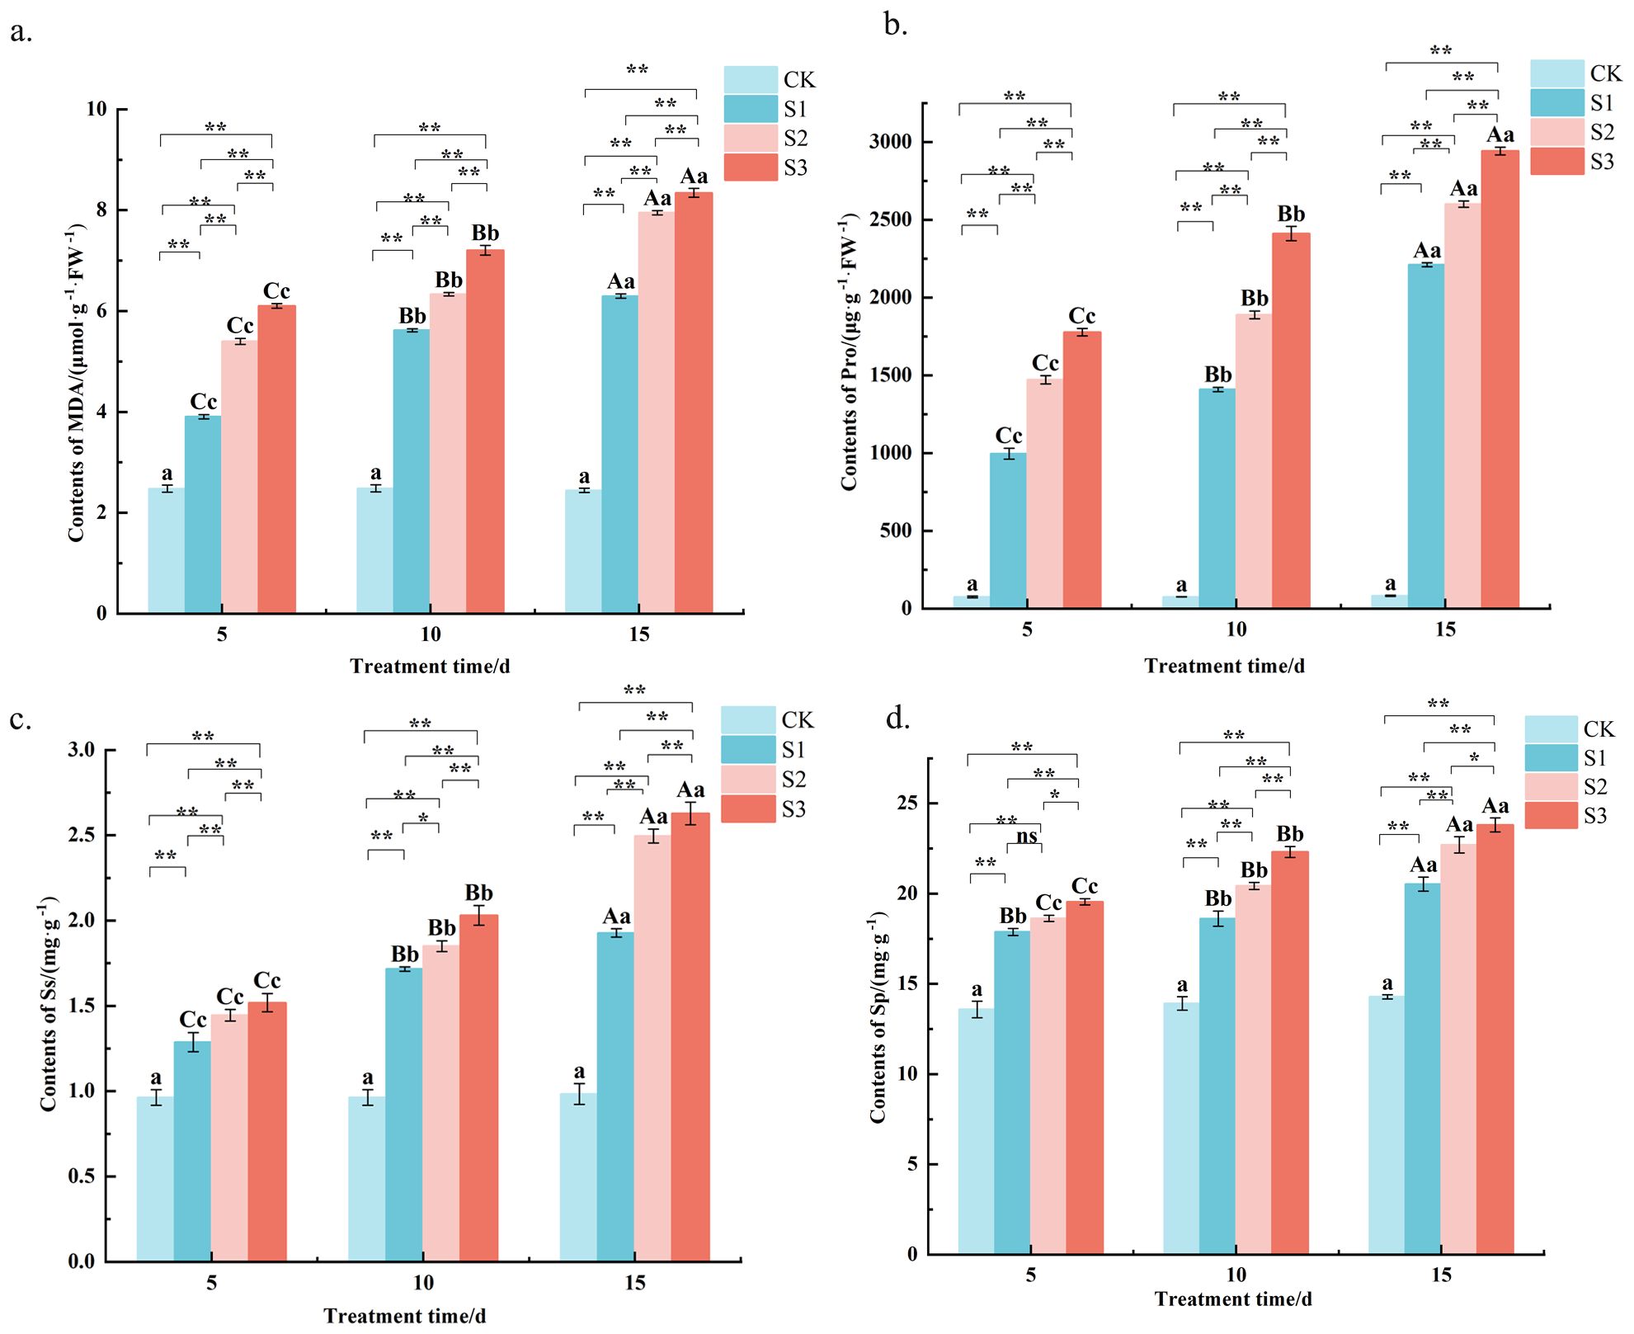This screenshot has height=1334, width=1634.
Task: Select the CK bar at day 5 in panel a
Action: pyautogui.click(x=166, y=550)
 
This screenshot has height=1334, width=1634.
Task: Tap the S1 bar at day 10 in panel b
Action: pyautogui.click(x=1217, y=498)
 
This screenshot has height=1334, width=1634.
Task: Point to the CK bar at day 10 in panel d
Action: pyautogui.click(x=1181, y=1128)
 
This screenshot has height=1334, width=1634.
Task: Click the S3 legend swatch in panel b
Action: pyautogui.click(x=1556, y=162)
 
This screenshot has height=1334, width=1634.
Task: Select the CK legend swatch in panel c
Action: pyautogui.click(x=748, y=720)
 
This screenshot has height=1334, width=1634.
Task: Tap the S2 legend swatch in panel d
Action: pyautogui.click(x=1551, y=787)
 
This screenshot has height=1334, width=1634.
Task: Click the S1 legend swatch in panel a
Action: pyautogui.click(x=751, y=109)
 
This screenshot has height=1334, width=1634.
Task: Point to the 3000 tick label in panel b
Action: pyautogui.click(x=891, y=142)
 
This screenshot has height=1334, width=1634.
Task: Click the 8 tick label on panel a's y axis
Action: pyautogui.click(x=101, y=210)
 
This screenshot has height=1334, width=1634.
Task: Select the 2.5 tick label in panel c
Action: pyautogui.click(x=82, y=836)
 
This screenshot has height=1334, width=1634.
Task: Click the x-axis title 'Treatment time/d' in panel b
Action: pyautogui.click(x=1224, y=666)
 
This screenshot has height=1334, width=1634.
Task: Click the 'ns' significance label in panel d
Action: pyautogui.click(x=1026, y=837)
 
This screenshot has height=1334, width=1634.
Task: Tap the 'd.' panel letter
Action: pyautogui.click(x=897, y=719)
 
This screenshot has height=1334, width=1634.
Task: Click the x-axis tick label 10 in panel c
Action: pyautogui.click(x=422, y=1283)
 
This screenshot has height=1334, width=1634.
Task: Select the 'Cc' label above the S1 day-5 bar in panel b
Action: pyautogui.click(x=1008, y=436)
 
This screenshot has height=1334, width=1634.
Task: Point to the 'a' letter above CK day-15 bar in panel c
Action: pyautogui.click(x=579, y=1072)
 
